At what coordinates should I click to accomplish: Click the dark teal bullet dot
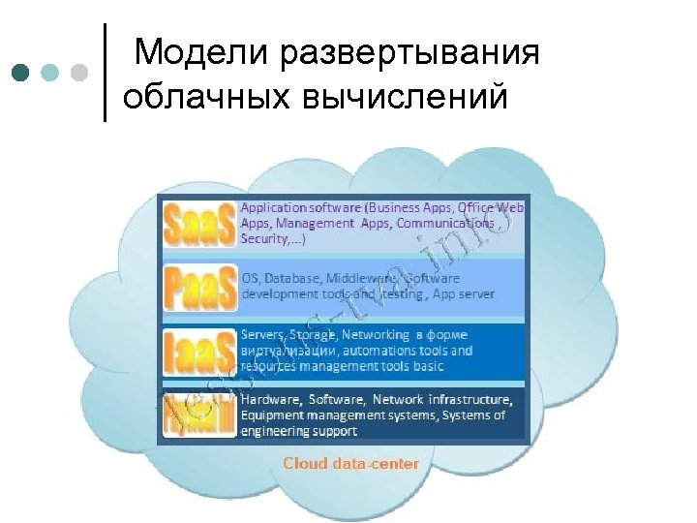pyautogui.click(x=21, y=72)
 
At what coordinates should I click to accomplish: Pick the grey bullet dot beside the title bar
pyautogui.click(x=79, y=72)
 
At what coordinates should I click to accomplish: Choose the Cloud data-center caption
pyautogui.click(x=350, y=464)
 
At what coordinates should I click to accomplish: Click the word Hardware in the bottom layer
pyautogui.click(x=271, y=399)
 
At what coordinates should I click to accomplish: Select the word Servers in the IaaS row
pyautogui.click(x=262, y=335)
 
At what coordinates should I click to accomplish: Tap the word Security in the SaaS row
pyautogui.click(x=264, y=237)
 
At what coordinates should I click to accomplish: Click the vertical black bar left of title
pyautogui.click(x=105, y=72)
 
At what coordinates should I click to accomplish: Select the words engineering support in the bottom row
pyautogui.click(x=299, y=431)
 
